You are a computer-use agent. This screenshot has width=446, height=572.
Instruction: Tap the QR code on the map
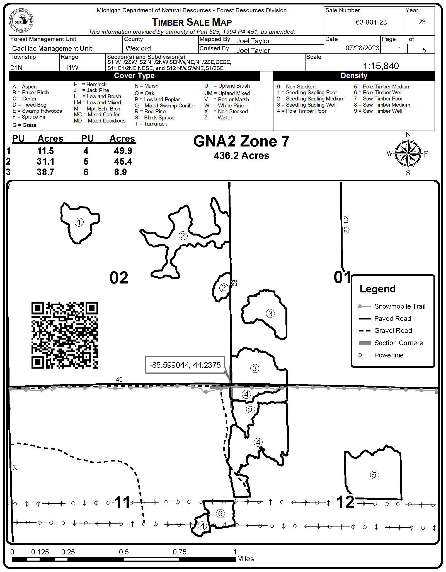coord(65,335)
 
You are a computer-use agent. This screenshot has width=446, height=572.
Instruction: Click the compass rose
coord(408,154)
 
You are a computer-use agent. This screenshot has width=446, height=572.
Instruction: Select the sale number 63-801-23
coord(371,22)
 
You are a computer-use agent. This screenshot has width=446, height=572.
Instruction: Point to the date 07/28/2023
coord(362,48)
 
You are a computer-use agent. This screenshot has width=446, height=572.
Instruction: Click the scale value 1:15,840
coord(381,66)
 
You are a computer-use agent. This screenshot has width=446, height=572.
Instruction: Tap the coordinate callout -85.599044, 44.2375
coord(185,365)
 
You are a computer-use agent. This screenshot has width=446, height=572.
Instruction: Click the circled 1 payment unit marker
coord(79,222)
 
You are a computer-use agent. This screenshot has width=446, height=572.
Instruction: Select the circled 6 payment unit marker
coord(220,513)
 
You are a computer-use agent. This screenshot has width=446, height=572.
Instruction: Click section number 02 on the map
coord(119,278)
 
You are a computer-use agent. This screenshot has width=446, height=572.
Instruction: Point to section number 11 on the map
coord(122,502)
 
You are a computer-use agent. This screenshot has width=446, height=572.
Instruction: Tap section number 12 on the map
coord(345,502)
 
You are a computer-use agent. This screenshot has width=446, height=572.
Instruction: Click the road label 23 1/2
coord(346,224)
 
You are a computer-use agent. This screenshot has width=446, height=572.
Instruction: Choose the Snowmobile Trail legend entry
coord(399,306)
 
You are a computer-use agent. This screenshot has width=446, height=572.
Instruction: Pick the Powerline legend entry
coord(389,355)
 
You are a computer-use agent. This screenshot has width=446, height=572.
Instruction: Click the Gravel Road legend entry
coord(393,331)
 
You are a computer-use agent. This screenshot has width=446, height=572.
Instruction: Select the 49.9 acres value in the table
coord(123,151)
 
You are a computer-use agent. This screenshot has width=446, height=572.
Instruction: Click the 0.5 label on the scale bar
coord(124,552)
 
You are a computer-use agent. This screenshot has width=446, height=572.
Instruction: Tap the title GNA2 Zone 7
coord(241,141)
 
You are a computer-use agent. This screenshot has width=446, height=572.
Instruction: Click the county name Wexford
coord(138,48)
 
